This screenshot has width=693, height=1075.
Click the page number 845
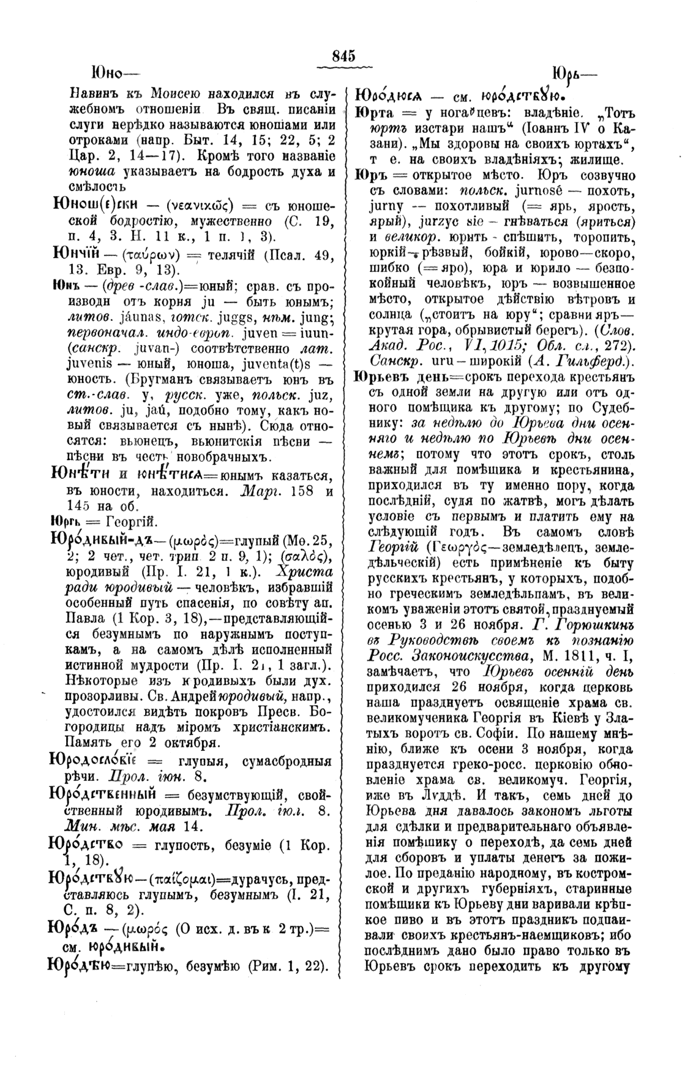tap(343, 55)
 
